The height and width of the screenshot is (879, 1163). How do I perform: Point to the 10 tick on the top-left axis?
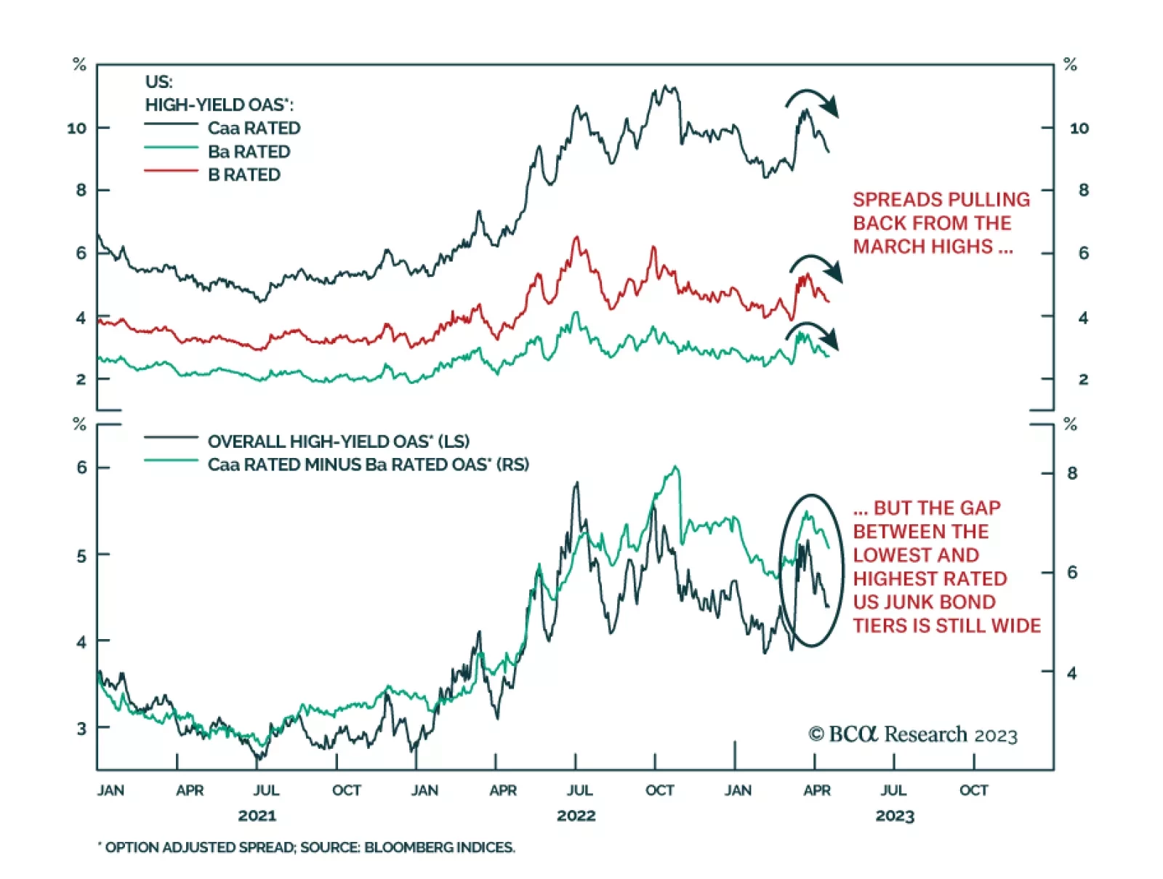click(76, 128)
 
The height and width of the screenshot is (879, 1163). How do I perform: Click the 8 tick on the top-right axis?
click(1083, 190)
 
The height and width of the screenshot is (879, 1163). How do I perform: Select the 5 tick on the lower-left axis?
click(81, 556)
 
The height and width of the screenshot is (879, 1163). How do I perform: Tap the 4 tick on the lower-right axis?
click(1071, 673)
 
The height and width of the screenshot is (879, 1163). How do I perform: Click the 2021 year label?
click(257, 816)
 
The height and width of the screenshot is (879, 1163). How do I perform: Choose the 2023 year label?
click(895, 816)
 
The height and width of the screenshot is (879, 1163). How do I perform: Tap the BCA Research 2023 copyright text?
click(913, 735)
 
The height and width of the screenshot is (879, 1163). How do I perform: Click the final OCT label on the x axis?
click(973, 790)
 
